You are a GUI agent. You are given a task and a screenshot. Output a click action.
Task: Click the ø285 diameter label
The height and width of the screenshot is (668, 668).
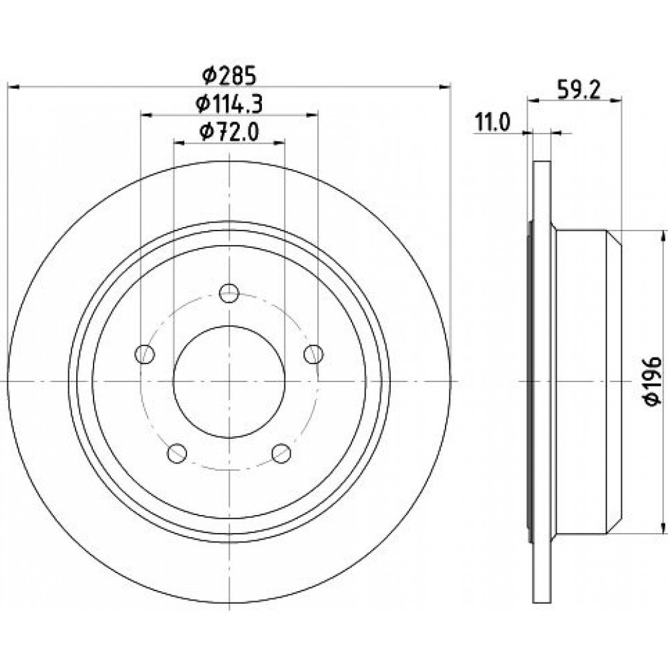(x=228, y=76)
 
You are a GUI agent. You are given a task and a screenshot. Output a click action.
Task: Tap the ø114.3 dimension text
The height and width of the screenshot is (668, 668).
(x=228, y=104)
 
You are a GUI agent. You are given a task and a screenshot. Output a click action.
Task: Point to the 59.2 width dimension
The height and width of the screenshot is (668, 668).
(x=578, y=90)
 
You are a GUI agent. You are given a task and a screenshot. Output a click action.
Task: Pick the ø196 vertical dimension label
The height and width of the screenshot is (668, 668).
(x=652, y=381)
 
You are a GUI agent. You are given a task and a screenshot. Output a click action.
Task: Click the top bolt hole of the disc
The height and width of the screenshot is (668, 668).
(x=229, y=293)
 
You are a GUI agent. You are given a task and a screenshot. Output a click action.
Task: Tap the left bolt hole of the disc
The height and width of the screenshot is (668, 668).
(x=144, y=353)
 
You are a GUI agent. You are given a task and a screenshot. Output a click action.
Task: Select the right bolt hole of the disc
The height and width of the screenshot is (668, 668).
(x=313, y=353)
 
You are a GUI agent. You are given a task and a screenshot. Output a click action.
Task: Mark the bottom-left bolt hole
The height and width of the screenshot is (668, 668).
(x=177, y=454)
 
